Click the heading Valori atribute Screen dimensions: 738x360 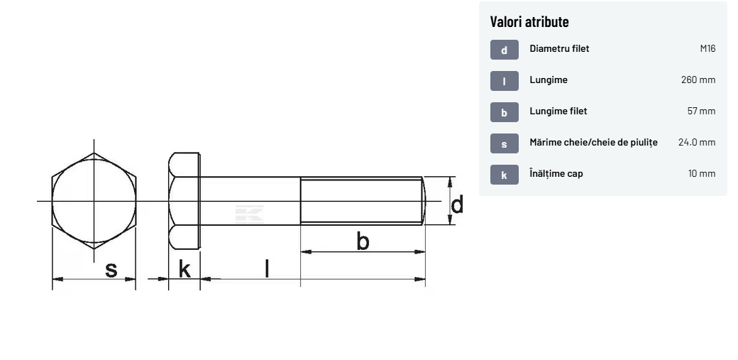pyautogui.click(x=529, y=22)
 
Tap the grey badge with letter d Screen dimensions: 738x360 pyautogui.click(x=504, y=50)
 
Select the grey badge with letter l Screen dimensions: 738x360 pyautogui.click(x=504, y=80)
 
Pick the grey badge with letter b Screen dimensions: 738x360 pyautogui.click(x=504, y=112)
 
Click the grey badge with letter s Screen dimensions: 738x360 pyautogui.click(x=504, y=143)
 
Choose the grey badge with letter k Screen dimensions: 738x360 pyautogui.click(x=504, y=175)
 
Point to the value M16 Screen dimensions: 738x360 pyautogui.click(x=707, y=48)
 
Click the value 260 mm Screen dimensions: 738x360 pyautogui.click(x=698, y=80)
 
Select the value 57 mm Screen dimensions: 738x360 pyautogui.click(x=701, y=111)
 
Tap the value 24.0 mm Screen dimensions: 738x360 pyautogui.click(x=697, y=142)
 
